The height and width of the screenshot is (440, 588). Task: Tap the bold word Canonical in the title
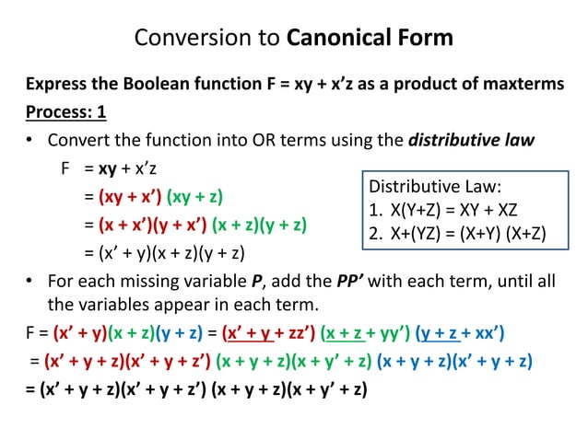pyautogui.click(x=334, y=39)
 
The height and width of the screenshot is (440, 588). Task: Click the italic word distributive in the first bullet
pyautogui.click(x=449, y=142)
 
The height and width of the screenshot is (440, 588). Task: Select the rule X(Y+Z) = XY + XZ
pyautogui.click(x=446, y=208)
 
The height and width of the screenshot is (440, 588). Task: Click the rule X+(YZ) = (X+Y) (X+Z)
pyautogui.click(x=456, y=233)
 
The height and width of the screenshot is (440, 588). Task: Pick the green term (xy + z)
pyautogui.click(x=196, y=198)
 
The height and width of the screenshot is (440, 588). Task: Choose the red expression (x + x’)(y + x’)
pyautogui.click(x=146, y=225)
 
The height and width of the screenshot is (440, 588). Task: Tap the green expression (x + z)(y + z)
pyautogui.click(x=260, y=225)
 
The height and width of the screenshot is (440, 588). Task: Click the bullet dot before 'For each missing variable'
pyautogui.click(x=30, y=281)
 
